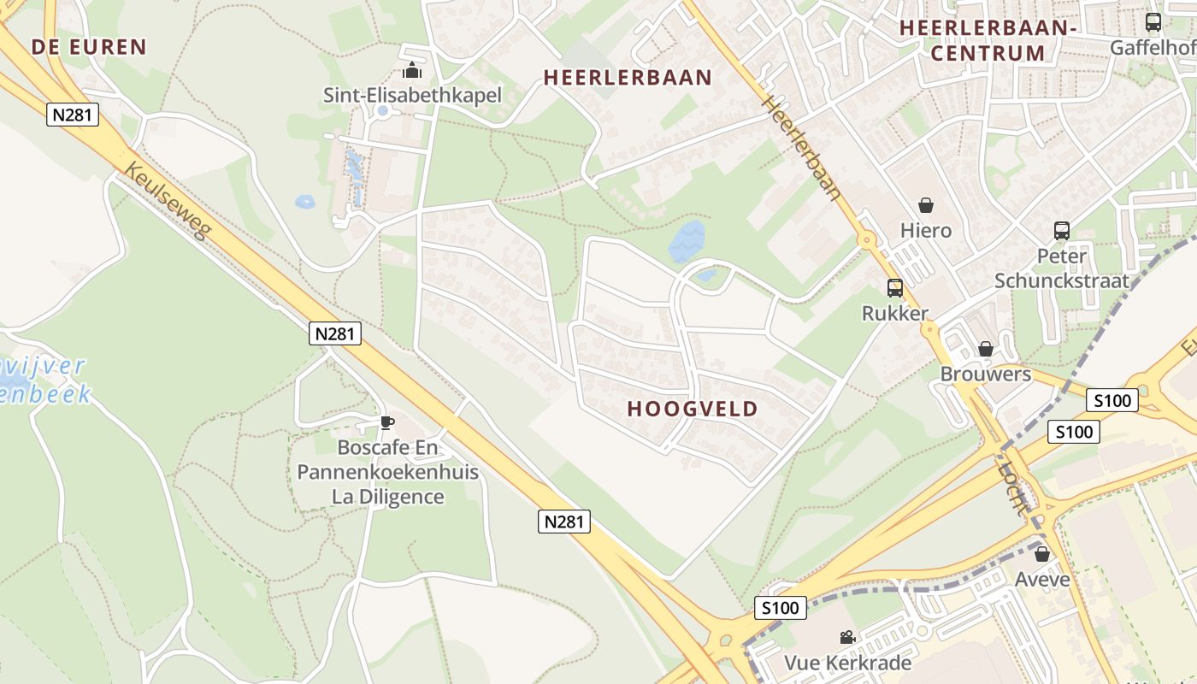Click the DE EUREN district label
tap(89, 47)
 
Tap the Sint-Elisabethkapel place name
tap(412, 95)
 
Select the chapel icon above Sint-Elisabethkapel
tap(412, 70)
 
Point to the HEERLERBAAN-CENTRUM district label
tap(988, 40)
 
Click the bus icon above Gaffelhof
tap(1153, 22)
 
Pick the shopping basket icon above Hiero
tap(925, 205)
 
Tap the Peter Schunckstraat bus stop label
tap(1061, 268)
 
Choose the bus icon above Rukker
tap(894, 288)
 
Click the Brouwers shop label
tap(985, 374)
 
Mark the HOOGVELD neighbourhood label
tap(693, 409)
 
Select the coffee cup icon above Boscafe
tap(386, 422)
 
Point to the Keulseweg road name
tap(168, 200)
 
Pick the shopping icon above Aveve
tap(1041, 554)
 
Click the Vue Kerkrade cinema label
tap(847, 663)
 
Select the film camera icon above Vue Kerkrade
tap(847, 637)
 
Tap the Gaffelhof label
tap(1153, 48)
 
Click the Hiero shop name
tap(925, 231)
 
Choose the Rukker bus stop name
tap(894, 314)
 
